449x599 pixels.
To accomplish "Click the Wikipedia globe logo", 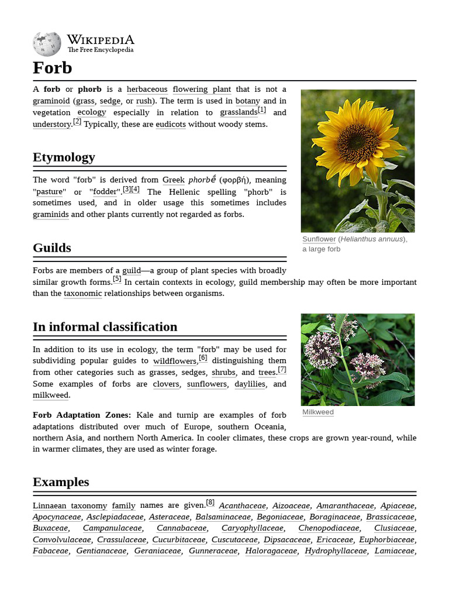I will point(47,44).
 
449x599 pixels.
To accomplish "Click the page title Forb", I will point(53,68).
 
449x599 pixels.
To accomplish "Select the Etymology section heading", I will point(64,157).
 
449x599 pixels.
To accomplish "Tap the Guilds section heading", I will point(52,248).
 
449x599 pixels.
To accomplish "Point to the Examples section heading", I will point(61,482).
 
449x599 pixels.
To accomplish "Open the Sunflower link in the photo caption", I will point(319,239).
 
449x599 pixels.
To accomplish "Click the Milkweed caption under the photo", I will point(318,412).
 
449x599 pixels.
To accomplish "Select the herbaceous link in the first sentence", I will point(147,89).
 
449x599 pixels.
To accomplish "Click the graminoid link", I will point(51,101).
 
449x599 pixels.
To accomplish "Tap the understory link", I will point(51,125).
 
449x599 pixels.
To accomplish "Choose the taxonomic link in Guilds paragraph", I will point(82,294).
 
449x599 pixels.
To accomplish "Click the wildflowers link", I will point(175,362).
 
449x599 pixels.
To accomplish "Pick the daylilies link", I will point(250,384).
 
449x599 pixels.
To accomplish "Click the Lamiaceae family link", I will point(394,551).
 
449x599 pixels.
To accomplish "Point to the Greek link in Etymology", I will point(173,180).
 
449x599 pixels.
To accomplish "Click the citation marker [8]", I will point(210,502).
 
